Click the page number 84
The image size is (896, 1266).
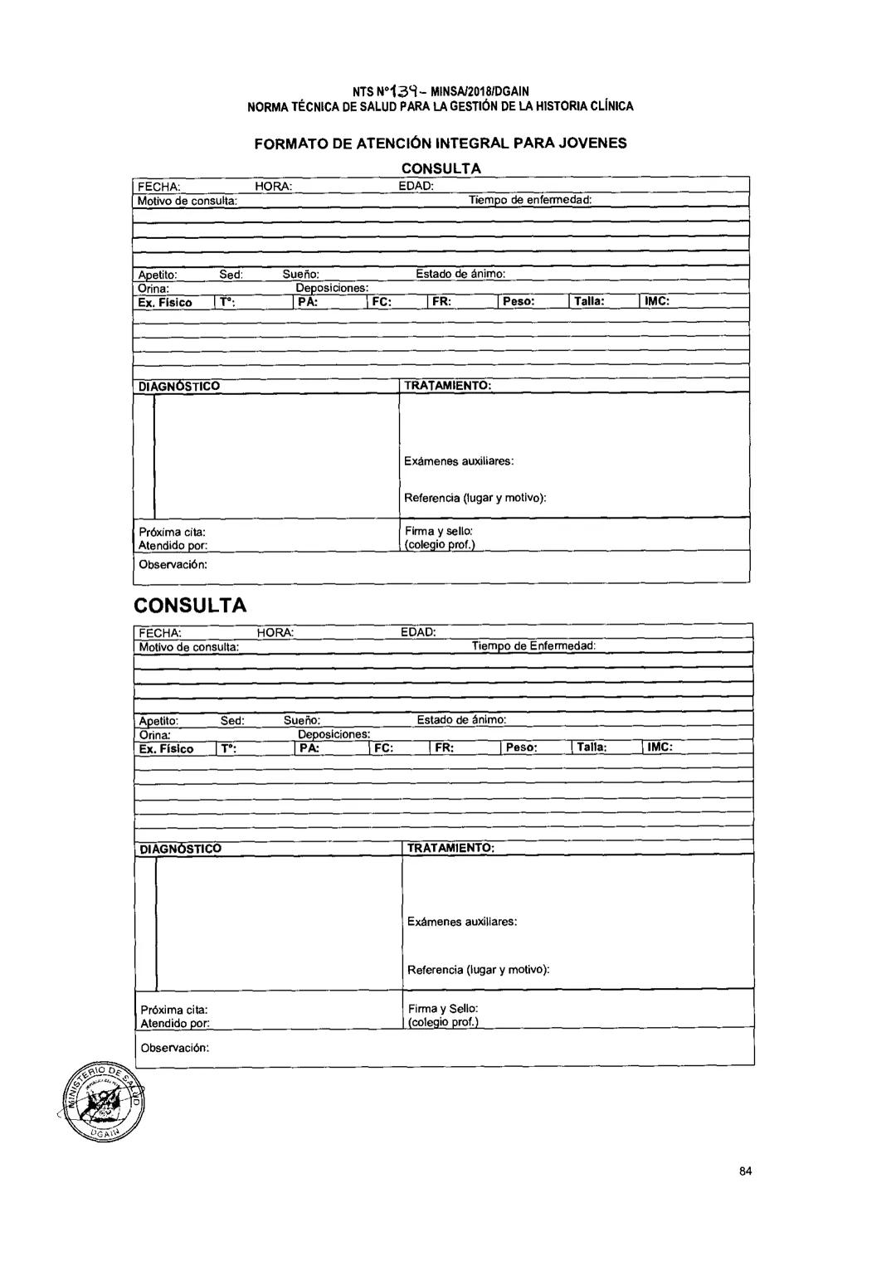coord(745,1171)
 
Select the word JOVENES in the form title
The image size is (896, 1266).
coord(588,143)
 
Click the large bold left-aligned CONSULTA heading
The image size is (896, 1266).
coord(190,605)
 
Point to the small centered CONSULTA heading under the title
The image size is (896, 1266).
coord(441,168)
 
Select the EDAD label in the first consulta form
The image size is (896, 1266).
coord(416,186)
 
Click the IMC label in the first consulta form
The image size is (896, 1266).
coord(657,301)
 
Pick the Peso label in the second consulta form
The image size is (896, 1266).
coord(521,747)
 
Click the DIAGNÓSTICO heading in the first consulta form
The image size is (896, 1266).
coord(179,387)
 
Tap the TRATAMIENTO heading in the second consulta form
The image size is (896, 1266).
coord(450,848)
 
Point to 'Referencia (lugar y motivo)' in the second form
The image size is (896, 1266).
coord(478,969)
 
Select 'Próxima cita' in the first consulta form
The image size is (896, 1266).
coord(172,531)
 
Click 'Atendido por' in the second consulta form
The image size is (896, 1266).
coord(174,1024)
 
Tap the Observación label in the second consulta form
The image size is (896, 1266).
coord(174,1048)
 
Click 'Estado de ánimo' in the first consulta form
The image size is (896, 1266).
coord(460,274)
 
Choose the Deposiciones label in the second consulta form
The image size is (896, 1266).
coord(334,734)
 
